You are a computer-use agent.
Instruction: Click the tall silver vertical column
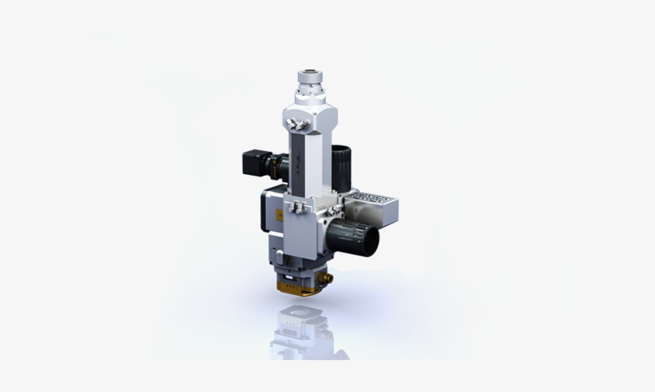coord(308,168)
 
